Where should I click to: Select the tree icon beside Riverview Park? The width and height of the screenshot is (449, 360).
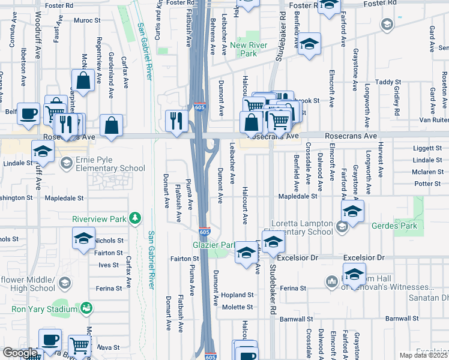(x=136, y=217)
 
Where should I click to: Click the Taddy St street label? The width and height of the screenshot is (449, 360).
(x=388, y=82)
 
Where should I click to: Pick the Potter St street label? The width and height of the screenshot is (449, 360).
(x=427, y=184)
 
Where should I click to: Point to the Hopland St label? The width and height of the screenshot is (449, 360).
(x=239, y=295)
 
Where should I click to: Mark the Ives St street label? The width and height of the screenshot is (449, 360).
(x=109, y=265)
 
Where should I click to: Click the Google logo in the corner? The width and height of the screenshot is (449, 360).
(x=19, y=353)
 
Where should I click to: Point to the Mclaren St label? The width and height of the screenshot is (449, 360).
(x=427, y=172)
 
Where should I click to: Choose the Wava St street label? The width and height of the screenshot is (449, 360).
(x=109, y=347)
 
